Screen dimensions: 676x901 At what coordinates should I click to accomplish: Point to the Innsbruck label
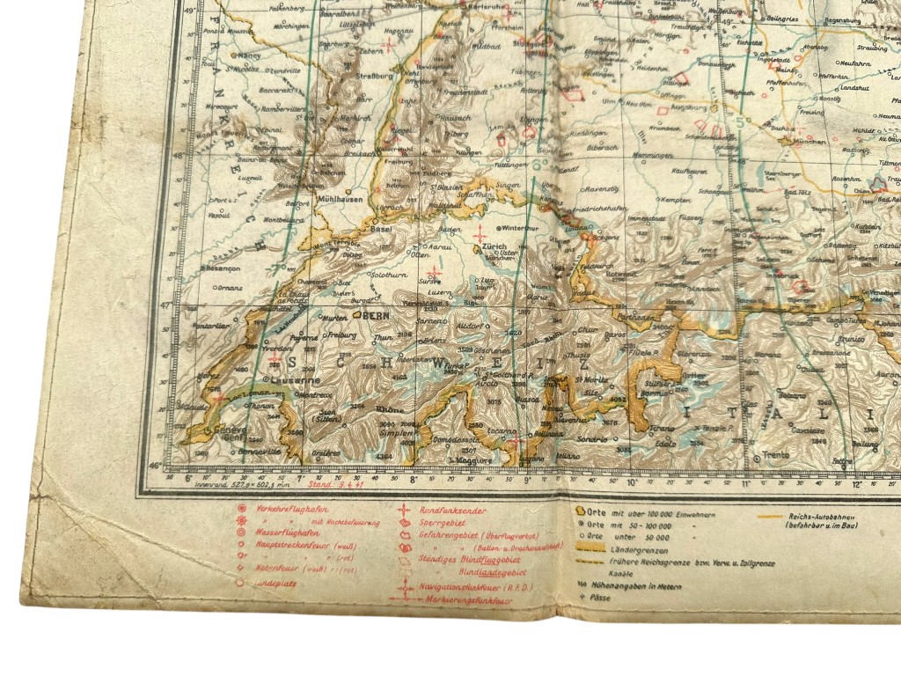(x=785, y=273)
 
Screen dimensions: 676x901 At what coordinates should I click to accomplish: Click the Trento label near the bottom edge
(x=775, y=454)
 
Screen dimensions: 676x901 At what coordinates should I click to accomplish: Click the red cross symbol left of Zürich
(x=480, y=234)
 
